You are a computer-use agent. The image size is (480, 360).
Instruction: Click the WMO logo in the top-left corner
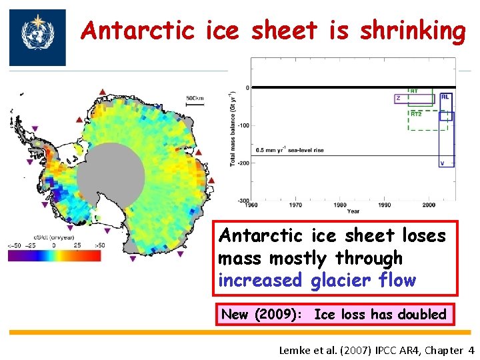click(37, 37)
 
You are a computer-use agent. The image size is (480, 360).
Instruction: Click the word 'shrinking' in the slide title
click(412, 31)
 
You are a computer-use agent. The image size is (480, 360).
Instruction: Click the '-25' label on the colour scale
click(30, 245)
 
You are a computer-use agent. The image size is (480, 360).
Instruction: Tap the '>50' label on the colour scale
click(99, 245)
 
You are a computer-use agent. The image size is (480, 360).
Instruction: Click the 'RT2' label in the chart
click(415, 114)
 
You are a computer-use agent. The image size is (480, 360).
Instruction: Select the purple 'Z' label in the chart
click(399, 98)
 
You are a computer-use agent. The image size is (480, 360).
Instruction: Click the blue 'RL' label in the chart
click(445, 97)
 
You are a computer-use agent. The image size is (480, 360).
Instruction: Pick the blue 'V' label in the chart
click(442, 163)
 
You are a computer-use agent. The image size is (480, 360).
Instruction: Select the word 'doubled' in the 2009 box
click(422, 314)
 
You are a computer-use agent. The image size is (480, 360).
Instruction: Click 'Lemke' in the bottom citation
click(296, 351)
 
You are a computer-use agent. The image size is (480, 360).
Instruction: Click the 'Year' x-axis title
click(353, 212)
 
